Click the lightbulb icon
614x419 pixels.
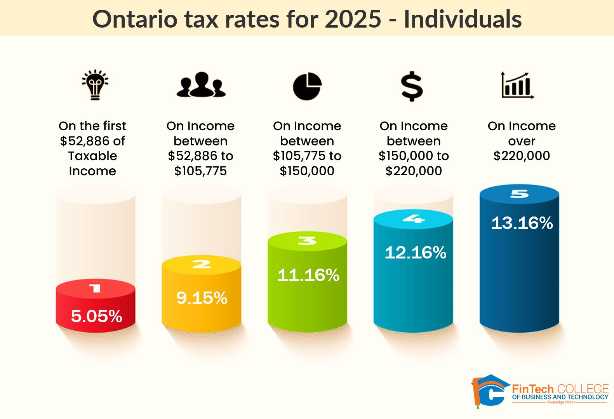pyautogui.click(x=95, y=85)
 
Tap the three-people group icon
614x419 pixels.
pyautogui.click(x=201, y=85)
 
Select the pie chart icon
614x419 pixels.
pyautogui.click(x=307, y=86)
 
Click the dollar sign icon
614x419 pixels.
pyautogui.click(x=412, y=86)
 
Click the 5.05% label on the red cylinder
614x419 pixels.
pyautogui.click(x=96, y=316)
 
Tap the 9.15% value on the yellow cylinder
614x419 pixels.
pyautogui.click(x=202, y=298)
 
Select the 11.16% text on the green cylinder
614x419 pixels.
pyautogui.click(x=308, y=275)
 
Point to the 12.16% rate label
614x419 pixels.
pyautogui.click(x=415, y=253)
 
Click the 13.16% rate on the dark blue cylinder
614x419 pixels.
pyautogui.click(x=522, y=223)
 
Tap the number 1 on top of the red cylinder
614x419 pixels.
pyautogui.click(x=95, y=288)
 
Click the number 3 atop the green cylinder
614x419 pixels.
pyautogui.click(x=307, y=241)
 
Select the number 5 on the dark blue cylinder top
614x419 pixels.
pyautogui.click(x=519, y=193)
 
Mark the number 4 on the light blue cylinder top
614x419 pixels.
pyautogui.click(x=413, y=219)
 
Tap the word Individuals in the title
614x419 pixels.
pyautogui.click(x=463, y=19)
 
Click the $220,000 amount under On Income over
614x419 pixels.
pyautogui.click(x=522, y=156)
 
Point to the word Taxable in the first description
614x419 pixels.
pyautogui.click(x=92, y=156)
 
